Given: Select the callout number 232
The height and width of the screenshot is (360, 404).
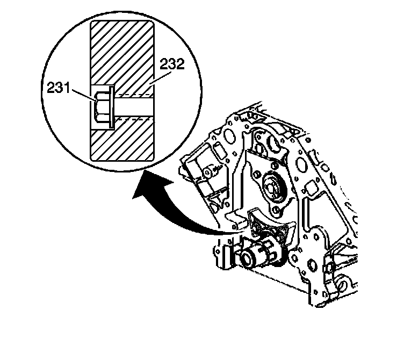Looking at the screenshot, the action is coord(171,66).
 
